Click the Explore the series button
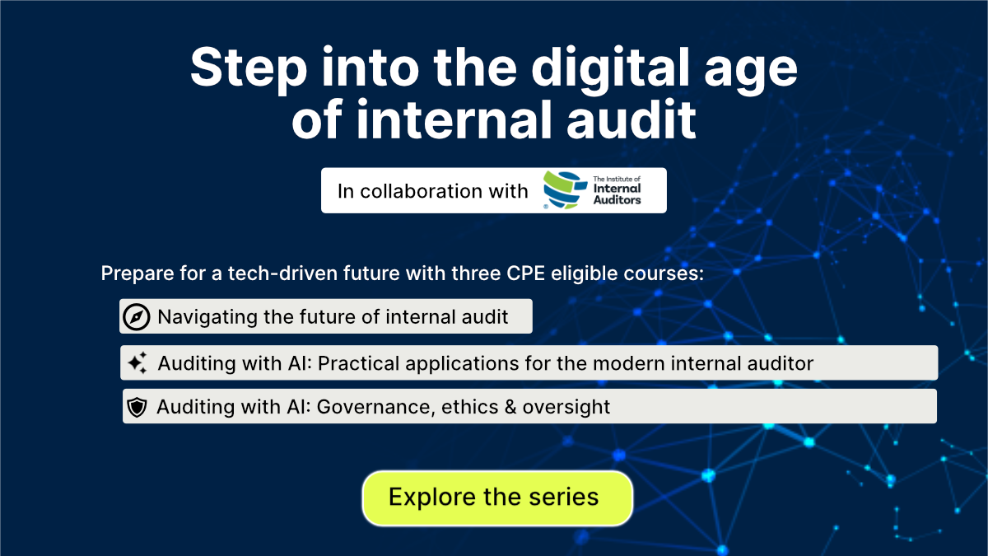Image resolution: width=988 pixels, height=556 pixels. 496,498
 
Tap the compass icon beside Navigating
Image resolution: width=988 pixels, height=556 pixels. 136,316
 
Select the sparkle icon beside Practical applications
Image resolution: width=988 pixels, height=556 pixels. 137,362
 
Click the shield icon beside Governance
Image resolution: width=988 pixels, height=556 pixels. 137,407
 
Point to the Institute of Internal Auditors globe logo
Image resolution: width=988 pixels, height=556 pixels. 564,191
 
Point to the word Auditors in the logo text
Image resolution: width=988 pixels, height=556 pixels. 617,200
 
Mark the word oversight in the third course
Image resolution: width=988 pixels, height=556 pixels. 575,407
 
